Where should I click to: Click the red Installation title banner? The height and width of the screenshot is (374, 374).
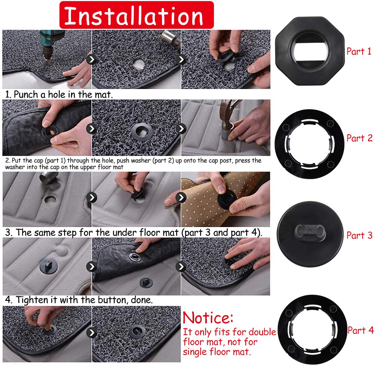click(137, 15)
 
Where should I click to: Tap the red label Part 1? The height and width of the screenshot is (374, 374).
click(359, 51)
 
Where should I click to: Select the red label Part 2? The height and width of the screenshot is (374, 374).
click(359, 138)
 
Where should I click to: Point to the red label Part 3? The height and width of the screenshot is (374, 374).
click(359, 235)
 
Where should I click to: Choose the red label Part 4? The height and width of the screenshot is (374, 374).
click(361, 330)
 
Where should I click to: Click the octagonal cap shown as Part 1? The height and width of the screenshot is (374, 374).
click(310, 51)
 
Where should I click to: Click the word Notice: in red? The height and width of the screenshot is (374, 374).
click(208, 318)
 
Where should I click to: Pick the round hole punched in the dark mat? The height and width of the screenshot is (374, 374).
click(139, 64)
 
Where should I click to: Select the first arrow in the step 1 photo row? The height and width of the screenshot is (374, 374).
click(91, 59)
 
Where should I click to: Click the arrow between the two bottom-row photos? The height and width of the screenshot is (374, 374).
click(91, 332)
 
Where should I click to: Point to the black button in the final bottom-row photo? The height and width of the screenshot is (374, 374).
click(137, 332)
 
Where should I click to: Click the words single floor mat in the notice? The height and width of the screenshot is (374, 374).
click(217, 352)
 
